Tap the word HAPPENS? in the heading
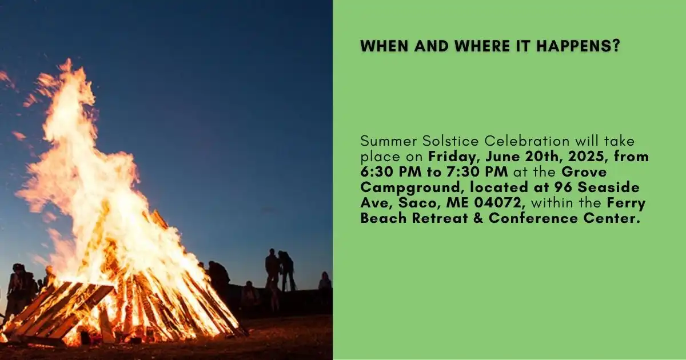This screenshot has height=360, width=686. click(x=578, y=46)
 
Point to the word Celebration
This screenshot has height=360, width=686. click(x=527, y=141)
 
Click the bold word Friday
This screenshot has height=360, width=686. click(x=454, y=157)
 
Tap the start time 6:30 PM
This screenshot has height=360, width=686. click(x=391, y=172)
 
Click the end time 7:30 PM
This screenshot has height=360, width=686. click(x=477, y=172)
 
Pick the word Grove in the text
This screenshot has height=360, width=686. click(x=584, y=172)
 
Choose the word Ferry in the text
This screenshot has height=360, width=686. click(x=627, y=203)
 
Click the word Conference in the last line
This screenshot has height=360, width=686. click(x=533, y=218)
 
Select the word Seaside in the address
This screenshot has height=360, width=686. click(x=608, y=187)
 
